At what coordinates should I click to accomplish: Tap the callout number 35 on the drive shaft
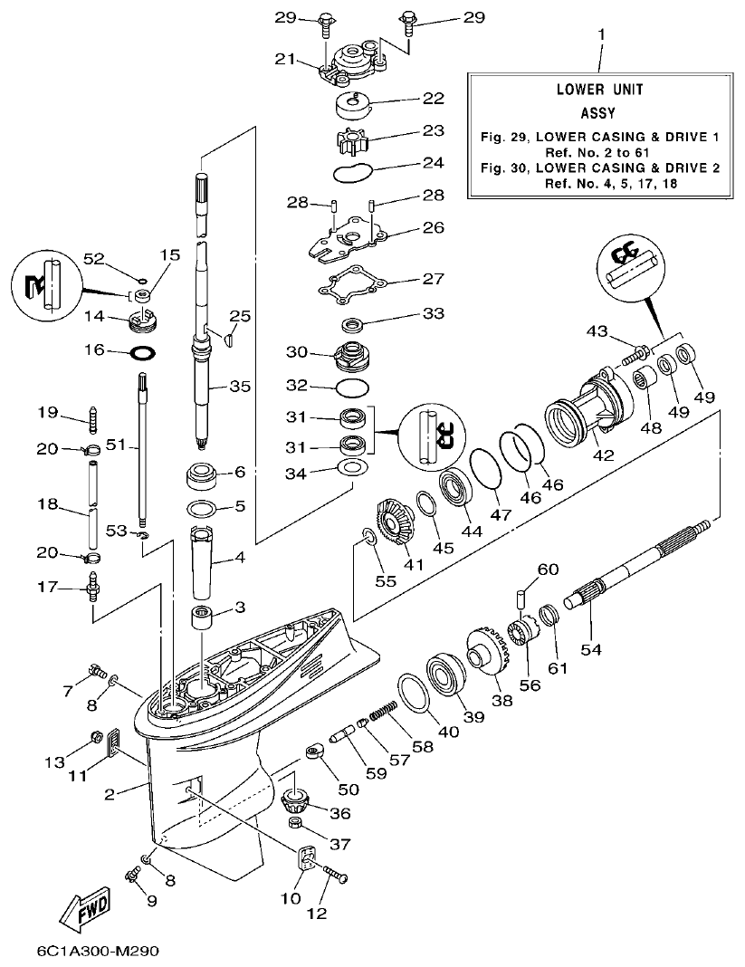(239, 386)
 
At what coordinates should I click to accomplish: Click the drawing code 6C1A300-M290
(102, 953)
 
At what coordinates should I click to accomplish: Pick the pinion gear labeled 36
(296, 800)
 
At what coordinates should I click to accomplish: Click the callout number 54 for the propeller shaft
(590, 649)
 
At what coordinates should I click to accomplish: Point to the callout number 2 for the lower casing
(110, 795)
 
